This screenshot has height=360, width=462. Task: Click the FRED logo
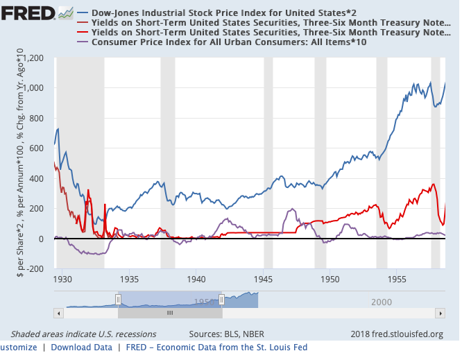(x=28, y=13)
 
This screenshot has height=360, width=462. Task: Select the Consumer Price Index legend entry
(x=229, y=43)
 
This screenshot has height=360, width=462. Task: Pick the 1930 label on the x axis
(x=62, y=280)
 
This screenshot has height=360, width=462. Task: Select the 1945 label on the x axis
(x=264, y=280)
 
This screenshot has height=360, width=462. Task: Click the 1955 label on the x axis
(x=397, y=280)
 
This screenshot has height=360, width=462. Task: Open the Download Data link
(x=81, y=347)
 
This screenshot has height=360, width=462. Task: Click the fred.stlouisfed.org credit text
(x=397, y=334)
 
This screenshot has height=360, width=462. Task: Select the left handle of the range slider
(x=118, y=299)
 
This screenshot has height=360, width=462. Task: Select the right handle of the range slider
(x=221, y=299)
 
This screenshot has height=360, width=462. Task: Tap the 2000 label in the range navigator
(x=382, y=302)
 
